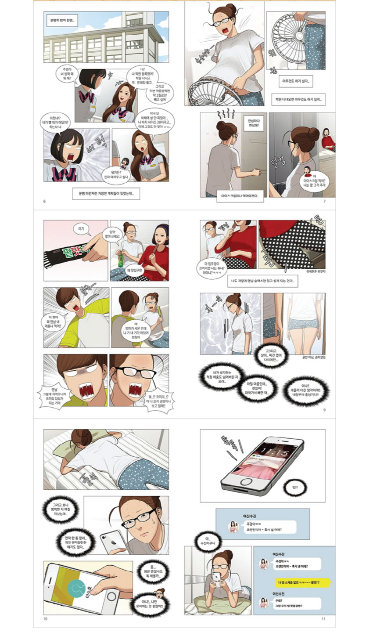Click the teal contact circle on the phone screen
[x=79, y=588]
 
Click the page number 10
[x=45, y=619]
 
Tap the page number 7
[x=324, y=202]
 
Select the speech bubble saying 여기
[x=80, y=228]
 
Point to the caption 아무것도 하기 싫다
[x=298, y=81]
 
